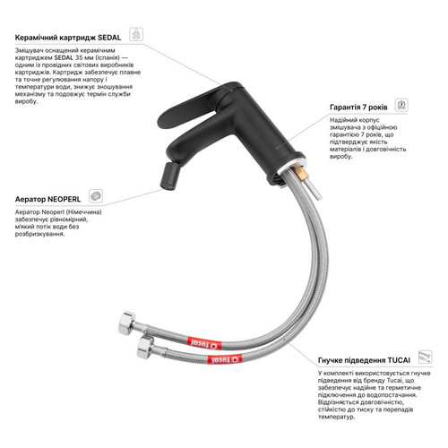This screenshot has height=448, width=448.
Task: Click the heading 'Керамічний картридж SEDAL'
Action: coord(68,38)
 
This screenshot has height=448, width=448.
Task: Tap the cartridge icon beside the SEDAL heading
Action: coord(136,34)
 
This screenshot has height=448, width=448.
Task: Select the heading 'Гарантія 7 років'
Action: coord(358,108)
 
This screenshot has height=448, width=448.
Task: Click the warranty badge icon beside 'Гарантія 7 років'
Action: coord(401,105)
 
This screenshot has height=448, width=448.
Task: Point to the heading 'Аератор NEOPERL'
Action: coord(47,199)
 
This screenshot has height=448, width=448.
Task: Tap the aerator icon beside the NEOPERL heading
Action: coord(96,196)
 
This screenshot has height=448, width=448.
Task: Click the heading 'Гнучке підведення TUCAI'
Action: coord(364,360)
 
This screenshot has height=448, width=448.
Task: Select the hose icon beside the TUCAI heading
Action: coord(425,357)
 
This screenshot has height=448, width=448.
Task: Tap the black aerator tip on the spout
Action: coord(168,177)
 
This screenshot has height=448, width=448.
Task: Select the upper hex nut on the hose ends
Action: coord(127,323)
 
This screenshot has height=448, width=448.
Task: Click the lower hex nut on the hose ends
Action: coord(146,347)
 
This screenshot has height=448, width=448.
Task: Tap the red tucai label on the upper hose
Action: coord(204,343)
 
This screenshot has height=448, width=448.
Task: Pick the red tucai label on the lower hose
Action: coord(225,359)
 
